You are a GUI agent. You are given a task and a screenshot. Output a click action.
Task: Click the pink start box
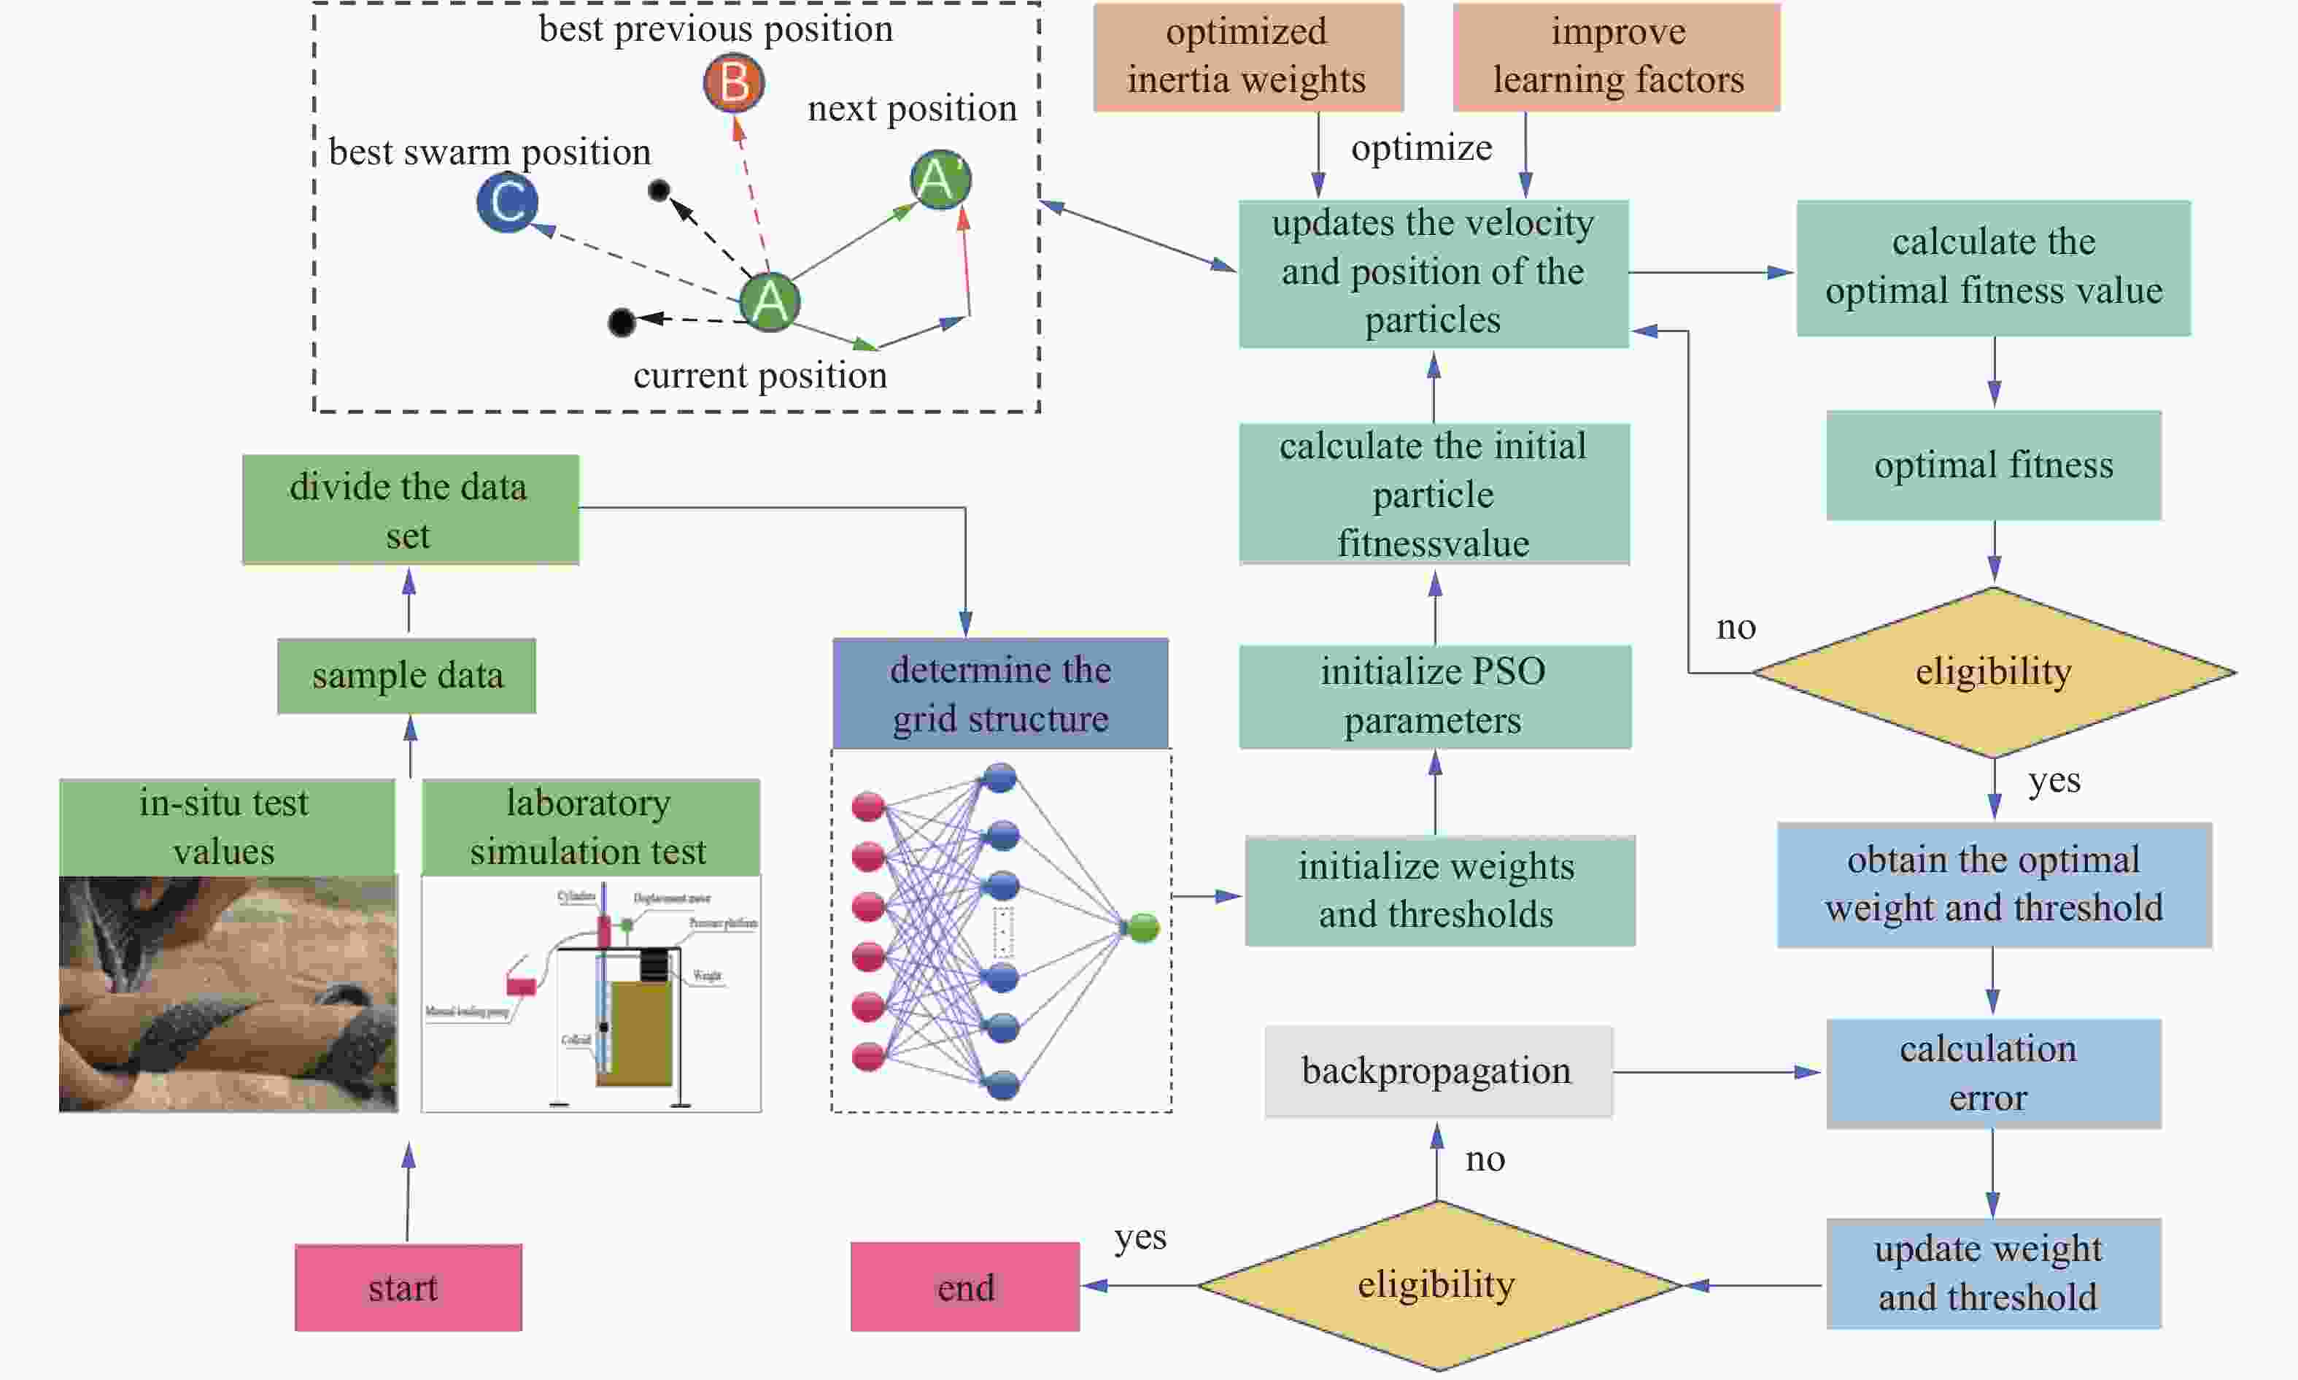pos(408,1287)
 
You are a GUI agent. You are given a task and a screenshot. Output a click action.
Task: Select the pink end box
pos(965,1287)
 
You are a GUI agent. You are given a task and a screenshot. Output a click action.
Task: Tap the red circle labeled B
pos(733,82)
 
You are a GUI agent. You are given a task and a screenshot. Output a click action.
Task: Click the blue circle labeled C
pos(508,202)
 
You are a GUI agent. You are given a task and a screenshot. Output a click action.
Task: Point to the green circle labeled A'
pos(940,180)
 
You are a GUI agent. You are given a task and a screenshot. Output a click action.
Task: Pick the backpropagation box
pos(1437,1071)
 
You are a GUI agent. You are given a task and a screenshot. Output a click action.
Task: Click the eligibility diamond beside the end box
pos(1437,1285)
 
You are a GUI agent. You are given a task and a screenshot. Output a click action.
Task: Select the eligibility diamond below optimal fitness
pos(1993,671)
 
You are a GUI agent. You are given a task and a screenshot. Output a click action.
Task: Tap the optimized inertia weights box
pos(1247,57)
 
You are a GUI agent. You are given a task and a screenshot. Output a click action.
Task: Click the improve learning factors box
pos(1617,57)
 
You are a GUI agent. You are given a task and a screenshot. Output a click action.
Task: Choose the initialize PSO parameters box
pos(1434,695)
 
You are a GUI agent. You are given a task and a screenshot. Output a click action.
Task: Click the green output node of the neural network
pos(1142,927)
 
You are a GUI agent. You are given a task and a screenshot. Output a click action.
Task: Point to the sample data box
pos(406,675)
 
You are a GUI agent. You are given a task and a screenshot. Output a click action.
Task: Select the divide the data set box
pos(410,509)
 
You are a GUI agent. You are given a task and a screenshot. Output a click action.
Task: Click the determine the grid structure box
pos(1000,694)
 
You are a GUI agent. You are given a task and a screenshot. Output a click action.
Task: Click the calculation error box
pos(1992,1073)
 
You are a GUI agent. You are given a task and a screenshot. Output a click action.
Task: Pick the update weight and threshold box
pos(1992,1273)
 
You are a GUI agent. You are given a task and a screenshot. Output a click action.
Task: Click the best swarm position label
pos(490,153)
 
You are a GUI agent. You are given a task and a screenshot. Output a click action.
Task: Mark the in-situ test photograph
pos(228,993)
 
